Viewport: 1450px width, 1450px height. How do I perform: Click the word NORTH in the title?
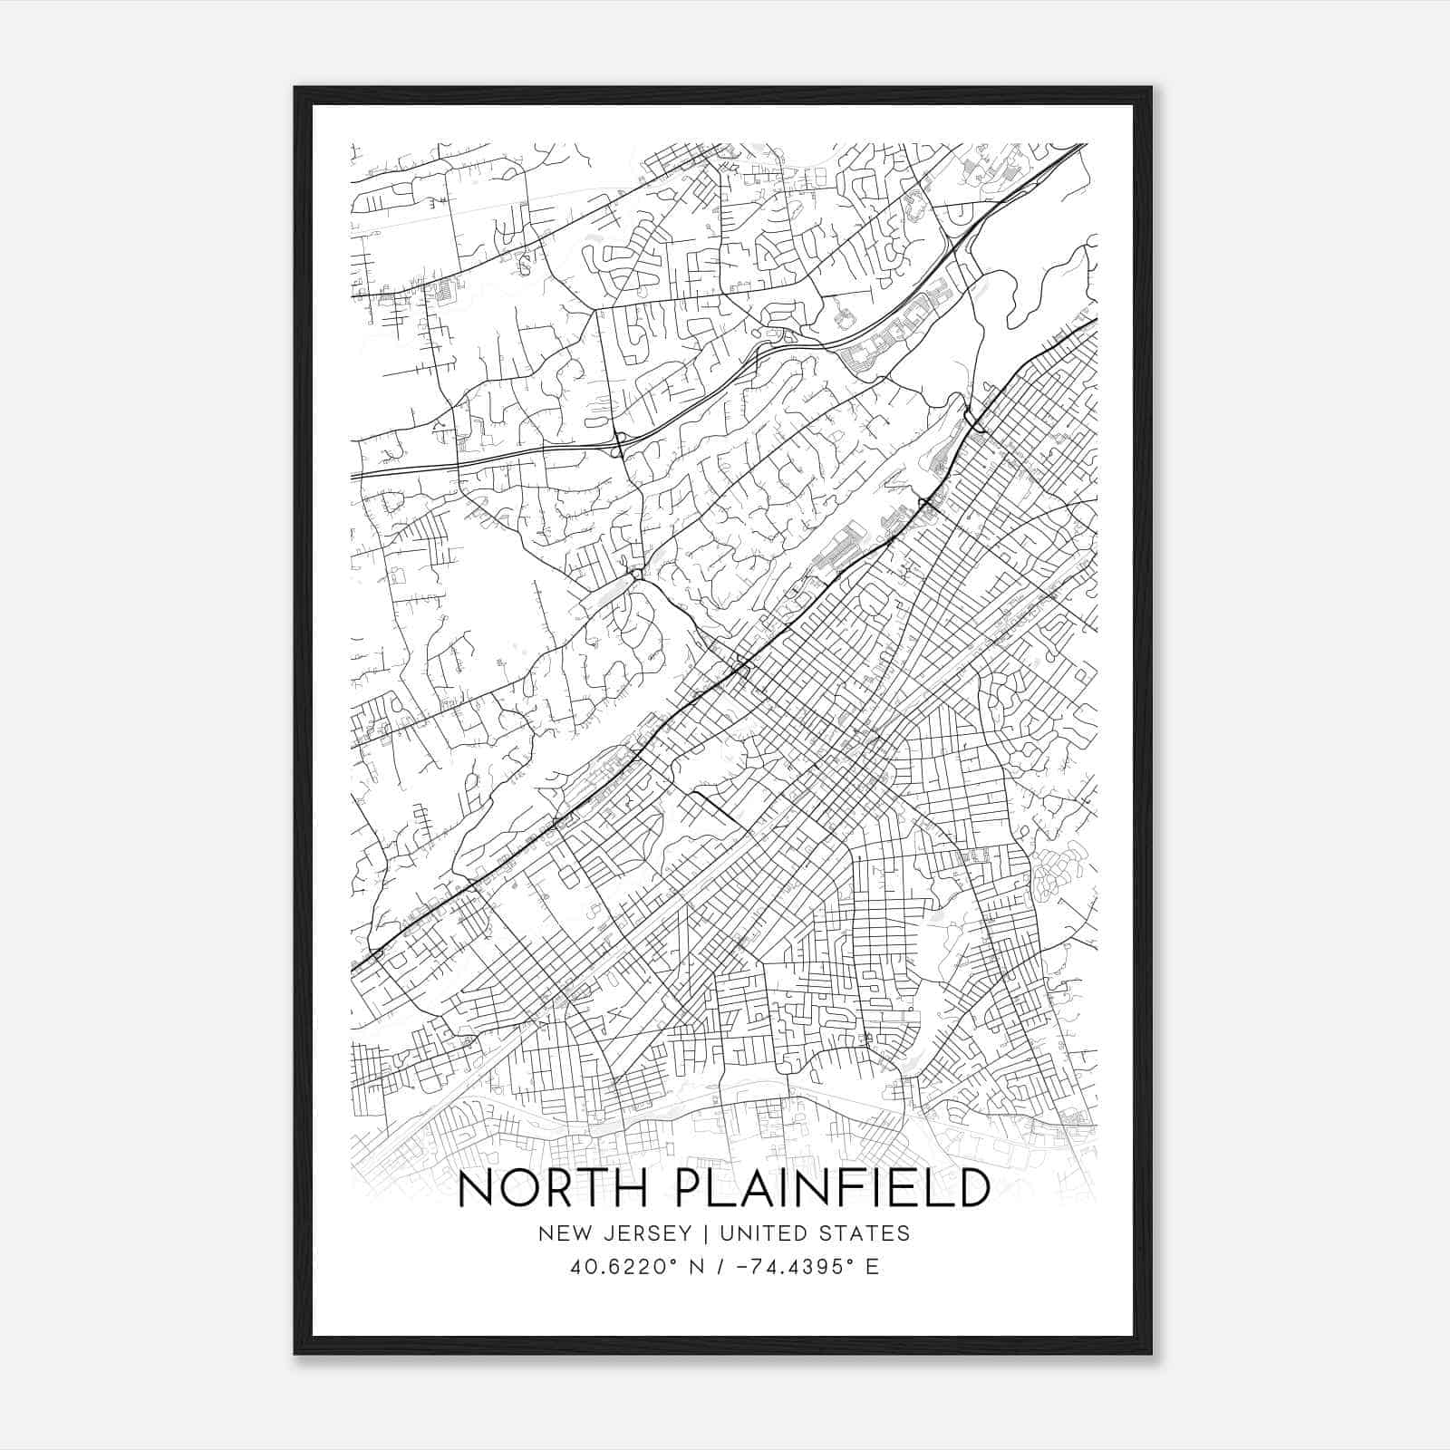tap(548, 1190)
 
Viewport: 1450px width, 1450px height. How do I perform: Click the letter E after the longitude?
tap(873, 1267)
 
